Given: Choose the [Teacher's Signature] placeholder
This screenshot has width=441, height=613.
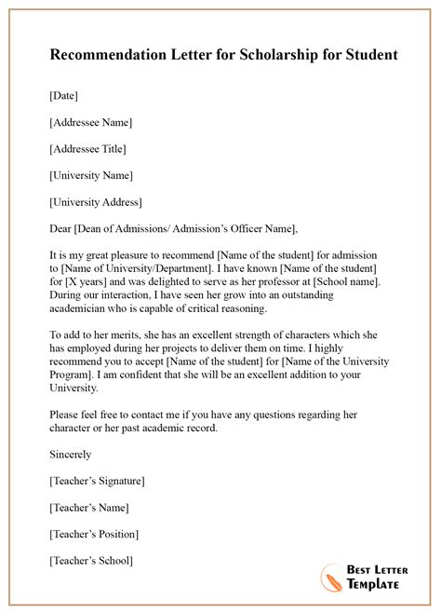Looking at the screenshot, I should (95, 481).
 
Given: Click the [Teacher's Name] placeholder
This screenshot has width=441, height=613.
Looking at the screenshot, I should (87, 508).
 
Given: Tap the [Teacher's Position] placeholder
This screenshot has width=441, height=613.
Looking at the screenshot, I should (92, 534).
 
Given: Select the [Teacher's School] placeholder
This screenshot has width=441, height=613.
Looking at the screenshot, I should (89, 561).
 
